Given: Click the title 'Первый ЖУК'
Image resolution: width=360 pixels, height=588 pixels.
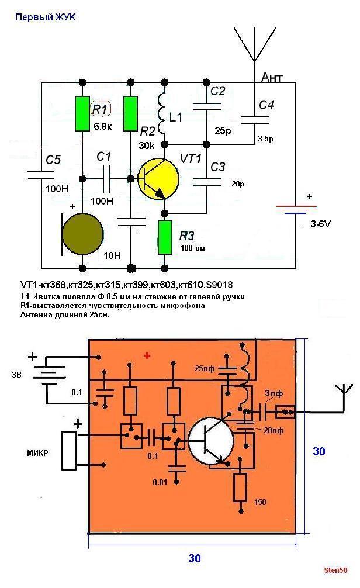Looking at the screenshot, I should [x=45, y=18].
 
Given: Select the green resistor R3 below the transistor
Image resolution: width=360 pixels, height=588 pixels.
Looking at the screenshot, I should [x=166, y=237].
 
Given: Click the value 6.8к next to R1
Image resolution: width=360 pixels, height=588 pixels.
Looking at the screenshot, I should [x=103, y=125].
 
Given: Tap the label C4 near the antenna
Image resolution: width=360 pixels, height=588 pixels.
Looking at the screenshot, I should [x=266, y=105].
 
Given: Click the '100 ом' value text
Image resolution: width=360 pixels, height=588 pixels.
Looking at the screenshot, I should [x=193, y=248].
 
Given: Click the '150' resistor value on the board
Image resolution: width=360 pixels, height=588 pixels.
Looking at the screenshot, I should [x=260, y=501].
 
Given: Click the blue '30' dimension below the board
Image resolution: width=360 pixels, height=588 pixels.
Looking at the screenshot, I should [x=195, y=558].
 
